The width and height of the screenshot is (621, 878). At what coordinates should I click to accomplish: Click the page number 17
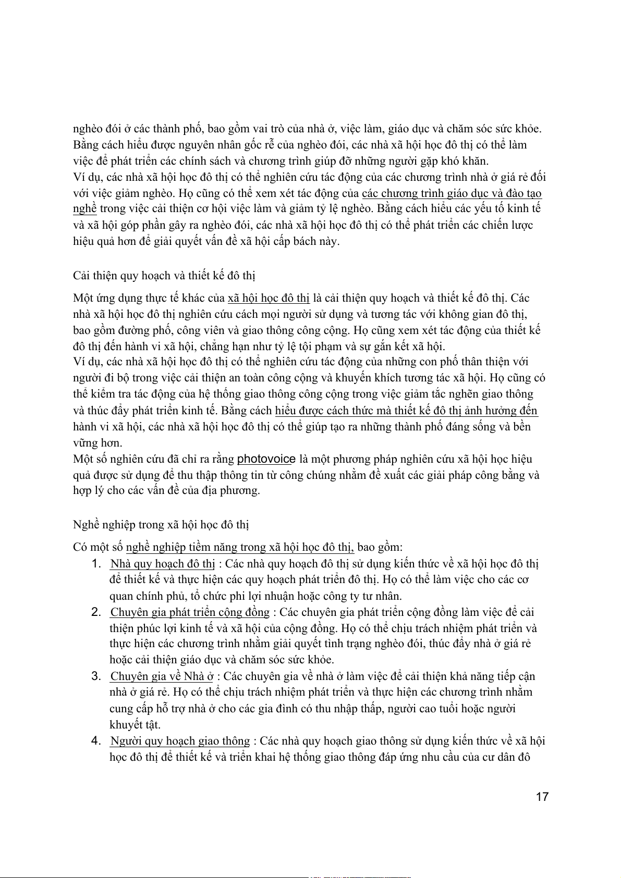(x=542, y=797)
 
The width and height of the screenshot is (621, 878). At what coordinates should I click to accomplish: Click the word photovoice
(x=266, y=459)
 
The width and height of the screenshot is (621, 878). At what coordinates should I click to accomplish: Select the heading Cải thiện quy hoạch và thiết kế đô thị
(x=164, y=275)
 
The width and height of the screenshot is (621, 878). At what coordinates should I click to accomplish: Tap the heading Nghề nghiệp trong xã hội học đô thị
(x=161, y=524)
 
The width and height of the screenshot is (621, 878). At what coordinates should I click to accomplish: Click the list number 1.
(x=96, y=564)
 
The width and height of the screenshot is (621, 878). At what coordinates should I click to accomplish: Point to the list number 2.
(x=96, y=612)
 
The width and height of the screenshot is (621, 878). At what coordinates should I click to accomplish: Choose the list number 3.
(x=96, y=676)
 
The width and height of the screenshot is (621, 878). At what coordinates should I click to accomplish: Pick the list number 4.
(x=96, y=741)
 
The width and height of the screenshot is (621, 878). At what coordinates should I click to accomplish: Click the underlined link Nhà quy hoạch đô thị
(x=163, y=564)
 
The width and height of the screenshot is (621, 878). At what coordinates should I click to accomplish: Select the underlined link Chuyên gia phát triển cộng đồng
(x=190, y=612)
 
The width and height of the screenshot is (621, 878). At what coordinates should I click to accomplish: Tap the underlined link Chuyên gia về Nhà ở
(x=162, y=676)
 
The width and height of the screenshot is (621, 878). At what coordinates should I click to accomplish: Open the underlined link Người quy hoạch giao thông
(x=180, y=741)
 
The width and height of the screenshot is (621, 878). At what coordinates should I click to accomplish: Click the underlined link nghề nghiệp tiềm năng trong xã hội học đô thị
(x=240, y=547)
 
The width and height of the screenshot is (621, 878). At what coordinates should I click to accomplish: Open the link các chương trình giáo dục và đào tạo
(x=452, y=193)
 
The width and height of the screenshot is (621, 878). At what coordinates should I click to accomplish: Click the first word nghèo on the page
(x=88, y=129)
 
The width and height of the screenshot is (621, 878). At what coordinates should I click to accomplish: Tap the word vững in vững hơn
(x=85, y=443)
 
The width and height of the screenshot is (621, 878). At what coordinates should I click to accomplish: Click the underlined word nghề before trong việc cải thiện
(x=84, y=209)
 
